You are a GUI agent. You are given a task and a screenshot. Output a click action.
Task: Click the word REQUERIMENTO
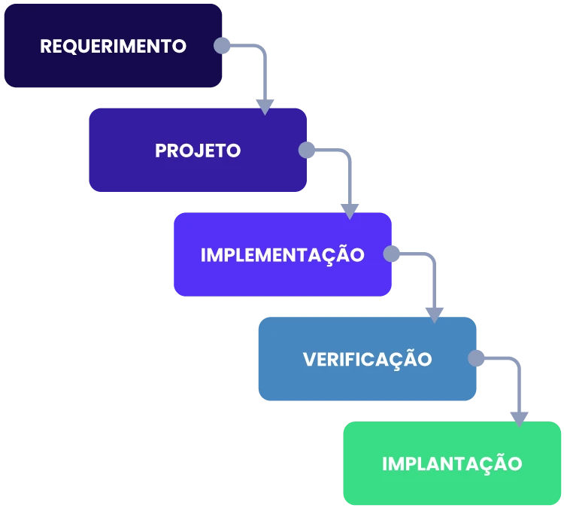point(113,46)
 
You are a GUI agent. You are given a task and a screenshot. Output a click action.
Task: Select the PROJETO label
point(198,151)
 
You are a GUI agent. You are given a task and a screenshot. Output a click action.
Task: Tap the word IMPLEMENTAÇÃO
point(282,254)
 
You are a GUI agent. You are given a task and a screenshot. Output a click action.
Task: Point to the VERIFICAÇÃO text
point(367,359)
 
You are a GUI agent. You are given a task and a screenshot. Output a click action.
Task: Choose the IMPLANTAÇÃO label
point(451,464)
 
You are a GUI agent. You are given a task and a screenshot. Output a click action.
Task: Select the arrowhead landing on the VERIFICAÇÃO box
point(434,315)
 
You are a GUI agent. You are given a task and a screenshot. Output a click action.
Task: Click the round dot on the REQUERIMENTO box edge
point(223,46)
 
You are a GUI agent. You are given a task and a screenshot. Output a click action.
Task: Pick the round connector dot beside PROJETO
point(307,151)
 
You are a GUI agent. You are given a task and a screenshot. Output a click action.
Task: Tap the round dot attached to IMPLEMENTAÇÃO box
point(392,254)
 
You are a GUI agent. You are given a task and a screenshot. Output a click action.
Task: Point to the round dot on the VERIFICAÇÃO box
point(476,358)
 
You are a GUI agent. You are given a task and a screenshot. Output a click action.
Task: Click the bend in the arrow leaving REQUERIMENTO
point(262,48)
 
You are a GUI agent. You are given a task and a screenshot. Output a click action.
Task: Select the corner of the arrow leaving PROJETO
point(347,153)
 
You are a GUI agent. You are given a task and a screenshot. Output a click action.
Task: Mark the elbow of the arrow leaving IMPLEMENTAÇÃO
point(432,257)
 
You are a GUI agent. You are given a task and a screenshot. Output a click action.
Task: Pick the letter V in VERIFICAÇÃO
point(308,359)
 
